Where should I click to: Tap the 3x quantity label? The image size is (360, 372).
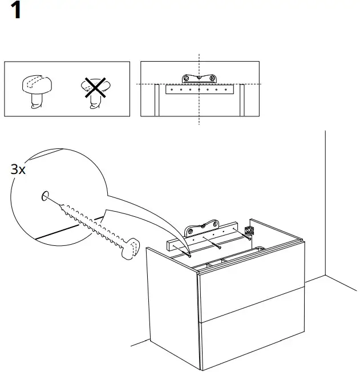pyautogui.click(x=18, y=169)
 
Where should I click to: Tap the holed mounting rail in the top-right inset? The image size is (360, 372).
pyautogui.click(x=198, y=90)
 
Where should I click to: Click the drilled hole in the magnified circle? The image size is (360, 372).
pyautogui.click(x=45, y=197)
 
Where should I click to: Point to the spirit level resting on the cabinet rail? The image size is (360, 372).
pyautogui.click(x=202, y=228)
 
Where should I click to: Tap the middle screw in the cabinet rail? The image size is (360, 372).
pyautogui.click(x=219, y=246)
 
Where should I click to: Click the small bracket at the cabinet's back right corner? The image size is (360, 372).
pyautogui.click(x=249, y=229)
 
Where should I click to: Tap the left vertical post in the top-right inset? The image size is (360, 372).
pyautogui.click(x=156, y=100)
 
